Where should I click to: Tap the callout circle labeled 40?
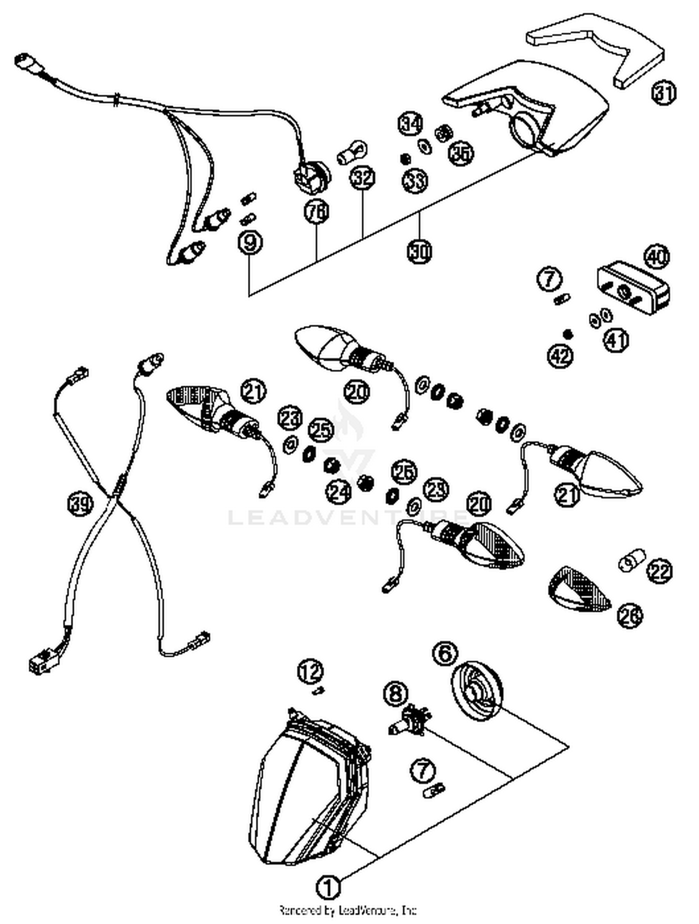657,257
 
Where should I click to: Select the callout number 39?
81,504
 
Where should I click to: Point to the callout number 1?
329,887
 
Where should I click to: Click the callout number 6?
445,653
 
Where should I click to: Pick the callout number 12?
311,672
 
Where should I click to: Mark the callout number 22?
659,571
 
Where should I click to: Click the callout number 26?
630,615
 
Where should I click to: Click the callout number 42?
560,356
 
